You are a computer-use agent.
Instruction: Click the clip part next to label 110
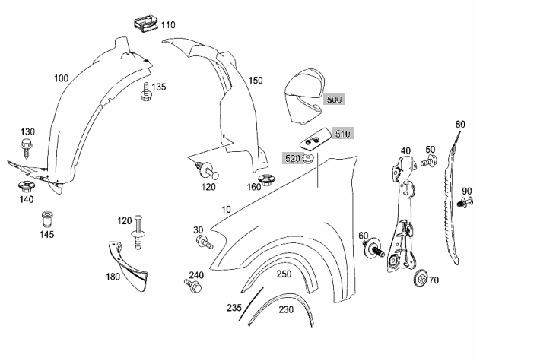coord(146,24)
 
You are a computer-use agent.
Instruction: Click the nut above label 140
coord(25,185)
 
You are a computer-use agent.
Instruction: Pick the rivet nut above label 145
coord(46,220)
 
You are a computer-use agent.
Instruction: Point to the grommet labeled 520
coord(308,158)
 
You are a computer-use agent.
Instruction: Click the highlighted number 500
coord(334,100)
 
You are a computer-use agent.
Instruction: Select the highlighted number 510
coord(343,134)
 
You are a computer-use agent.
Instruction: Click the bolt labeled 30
coord(204,242)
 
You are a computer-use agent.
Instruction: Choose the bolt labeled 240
coord(193,286)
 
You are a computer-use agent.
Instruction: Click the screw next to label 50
coord(429,161)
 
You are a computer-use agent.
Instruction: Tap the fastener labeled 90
coord(465,203)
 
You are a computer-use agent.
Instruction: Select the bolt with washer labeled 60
coord(373,249)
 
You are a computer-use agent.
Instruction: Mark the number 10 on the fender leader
coord(226,210)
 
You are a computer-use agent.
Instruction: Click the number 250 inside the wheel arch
coord(284,274)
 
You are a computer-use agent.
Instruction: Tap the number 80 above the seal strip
coord(460,125)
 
